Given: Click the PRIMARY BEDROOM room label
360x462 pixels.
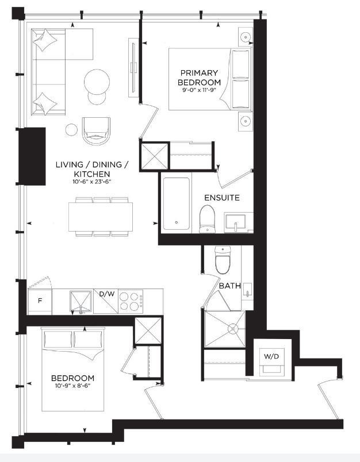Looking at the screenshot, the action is point(199,77).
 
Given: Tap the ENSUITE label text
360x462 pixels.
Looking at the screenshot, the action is point(222,198).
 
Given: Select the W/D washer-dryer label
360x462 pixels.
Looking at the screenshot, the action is point(271,356).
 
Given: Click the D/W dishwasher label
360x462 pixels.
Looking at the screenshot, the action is point(107,294).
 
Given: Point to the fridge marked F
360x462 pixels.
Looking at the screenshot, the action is point(40,301).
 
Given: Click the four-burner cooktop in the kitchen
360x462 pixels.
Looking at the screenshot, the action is point(131,301).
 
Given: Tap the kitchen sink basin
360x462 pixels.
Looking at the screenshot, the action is point(81,302).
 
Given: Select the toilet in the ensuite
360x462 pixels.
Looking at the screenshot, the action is point(207,219).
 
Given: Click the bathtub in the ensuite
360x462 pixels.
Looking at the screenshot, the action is point(177,203).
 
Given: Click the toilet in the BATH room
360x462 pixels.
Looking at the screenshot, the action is point(223,260).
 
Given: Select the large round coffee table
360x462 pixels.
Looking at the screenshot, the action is point(97,82).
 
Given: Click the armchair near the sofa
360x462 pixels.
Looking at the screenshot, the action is point(96,130).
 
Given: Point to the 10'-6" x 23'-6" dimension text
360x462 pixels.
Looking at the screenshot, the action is point(91,182).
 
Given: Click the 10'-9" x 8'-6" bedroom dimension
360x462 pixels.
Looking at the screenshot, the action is point(72,386).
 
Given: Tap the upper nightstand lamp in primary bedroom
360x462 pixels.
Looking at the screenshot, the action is point(246,37).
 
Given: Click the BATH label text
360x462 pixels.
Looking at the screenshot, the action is point(230,286).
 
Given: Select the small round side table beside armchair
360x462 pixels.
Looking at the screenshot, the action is point(71,130).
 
